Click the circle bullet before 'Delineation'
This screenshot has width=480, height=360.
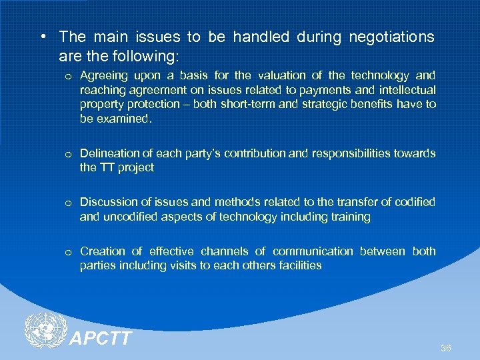68,154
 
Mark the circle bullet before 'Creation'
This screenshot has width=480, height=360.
68,252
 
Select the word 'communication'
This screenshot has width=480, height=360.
313,251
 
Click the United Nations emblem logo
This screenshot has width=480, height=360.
45,331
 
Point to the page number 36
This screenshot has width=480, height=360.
446,348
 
